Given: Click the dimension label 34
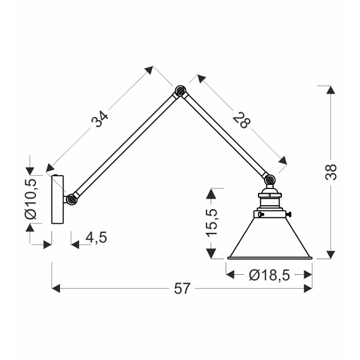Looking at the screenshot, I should tap(100, 119).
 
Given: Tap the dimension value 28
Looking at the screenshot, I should tap(242, 120).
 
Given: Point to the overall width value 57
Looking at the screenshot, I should tap(182, 289).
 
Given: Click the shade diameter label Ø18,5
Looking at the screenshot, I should tap(269, 275).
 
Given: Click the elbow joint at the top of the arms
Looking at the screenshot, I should tap(179, 92).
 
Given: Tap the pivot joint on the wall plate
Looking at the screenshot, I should tap(71, 199).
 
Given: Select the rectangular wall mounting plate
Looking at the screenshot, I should tap(58, 199).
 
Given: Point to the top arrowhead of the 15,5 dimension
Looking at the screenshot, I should tap(211, 192).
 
